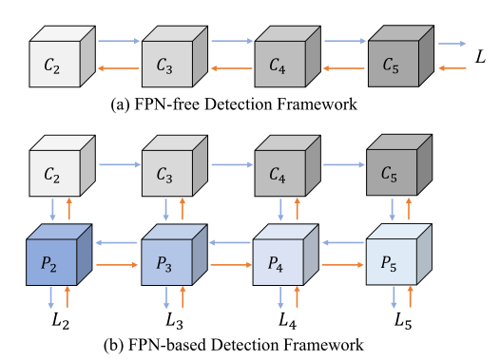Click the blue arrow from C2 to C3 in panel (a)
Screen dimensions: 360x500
[x=119, y=43]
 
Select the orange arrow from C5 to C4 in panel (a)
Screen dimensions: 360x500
[x=342, y=68]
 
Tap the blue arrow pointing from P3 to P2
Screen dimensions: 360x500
[x=119, y=242]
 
